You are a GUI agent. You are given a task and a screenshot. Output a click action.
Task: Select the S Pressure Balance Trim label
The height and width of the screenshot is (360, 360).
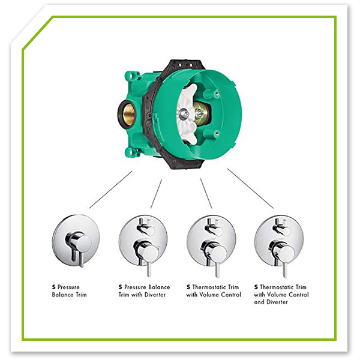pos(70,291)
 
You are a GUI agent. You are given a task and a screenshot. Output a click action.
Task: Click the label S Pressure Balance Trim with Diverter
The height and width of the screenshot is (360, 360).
pos(144,291)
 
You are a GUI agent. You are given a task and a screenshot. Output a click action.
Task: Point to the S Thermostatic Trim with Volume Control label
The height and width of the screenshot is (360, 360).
pos(214,291)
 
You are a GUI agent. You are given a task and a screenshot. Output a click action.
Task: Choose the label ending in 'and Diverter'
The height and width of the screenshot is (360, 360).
pos(281,295)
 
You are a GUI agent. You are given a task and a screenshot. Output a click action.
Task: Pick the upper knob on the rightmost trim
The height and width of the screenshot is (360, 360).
pos(282,228)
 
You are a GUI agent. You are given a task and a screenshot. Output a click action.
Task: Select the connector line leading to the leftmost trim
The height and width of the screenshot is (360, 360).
pos(110,190)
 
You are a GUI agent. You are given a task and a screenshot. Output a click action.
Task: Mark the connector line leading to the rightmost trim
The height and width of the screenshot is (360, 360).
pos(250,188)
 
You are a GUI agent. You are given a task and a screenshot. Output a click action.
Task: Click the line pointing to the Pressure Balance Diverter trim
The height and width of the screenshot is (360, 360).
pos(156,194)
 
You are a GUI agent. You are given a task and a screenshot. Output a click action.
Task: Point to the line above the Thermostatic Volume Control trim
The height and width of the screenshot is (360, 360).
pos(206,194)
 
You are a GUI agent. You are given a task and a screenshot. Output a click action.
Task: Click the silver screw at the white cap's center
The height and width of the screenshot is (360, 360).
pos(184,113)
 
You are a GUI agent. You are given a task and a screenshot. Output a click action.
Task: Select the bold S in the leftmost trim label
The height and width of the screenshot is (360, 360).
pos(54,287)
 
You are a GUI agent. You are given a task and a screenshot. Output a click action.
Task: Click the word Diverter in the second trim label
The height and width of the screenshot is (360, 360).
pos(155,295)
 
